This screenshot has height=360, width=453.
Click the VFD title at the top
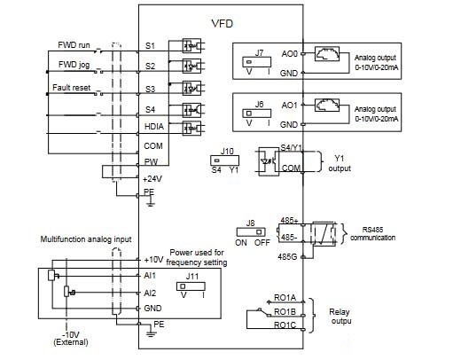(x=223, y=24)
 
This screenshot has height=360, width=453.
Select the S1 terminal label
(x=150, y=46)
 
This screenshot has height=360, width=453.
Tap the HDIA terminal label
(x=154, y=127)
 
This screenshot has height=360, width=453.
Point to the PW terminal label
(x=151, y=162)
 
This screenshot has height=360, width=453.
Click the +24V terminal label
(x=152, y=179)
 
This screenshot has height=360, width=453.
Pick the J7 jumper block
(x=256, y=62)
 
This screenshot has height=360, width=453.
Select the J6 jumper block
(x=256, y=113)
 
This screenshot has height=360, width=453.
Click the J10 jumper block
(x=224, y=160)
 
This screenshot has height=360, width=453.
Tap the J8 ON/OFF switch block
(x=251, y=231)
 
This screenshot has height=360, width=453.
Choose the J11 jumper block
(x=191, y=286)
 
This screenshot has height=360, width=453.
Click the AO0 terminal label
(x=290, y=54)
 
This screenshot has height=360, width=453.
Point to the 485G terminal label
(x=287, y=257)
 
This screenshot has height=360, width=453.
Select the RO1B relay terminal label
(x=285, y=312)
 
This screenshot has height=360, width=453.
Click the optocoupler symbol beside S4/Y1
(x=269, y=161)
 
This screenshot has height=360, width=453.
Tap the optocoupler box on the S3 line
(x=191, y=89)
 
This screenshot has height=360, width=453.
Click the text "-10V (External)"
(x=71, y=339)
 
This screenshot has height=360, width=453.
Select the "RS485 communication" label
(x=372, y=234)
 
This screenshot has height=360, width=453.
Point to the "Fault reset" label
(x=72, y=88)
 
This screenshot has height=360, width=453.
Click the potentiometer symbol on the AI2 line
(x=66, y=292)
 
